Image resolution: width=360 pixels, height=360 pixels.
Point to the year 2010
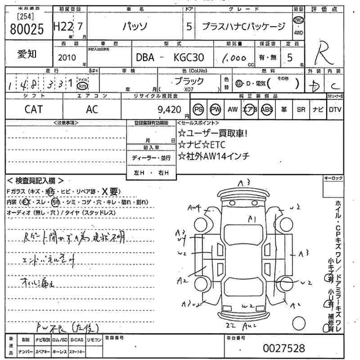pos(67,58)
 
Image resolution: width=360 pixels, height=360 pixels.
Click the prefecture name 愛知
pos(27,54)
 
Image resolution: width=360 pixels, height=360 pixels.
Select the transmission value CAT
pos(34,109)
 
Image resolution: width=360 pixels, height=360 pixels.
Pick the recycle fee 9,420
pos(169,109)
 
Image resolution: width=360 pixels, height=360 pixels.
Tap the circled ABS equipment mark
pos(267,109)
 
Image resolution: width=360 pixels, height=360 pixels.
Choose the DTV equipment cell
pos(335,109)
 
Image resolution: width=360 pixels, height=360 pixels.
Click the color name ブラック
pos(189,81)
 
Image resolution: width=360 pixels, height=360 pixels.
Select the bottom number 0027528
pos(283,348)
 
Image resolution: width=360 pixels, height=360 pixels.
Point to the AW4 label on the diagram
pos(194,207)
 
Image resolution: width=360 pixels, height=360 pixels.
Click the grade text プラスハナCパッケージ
pos(243,27)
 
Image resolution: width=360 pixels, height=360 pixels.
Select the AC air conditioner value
pos(92,109)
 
